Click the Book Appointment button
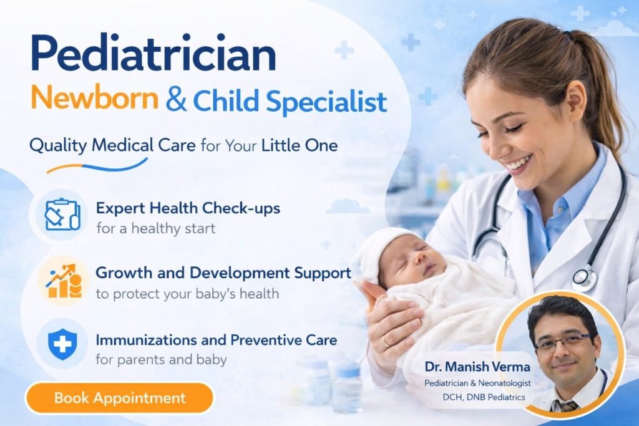coord(119,398)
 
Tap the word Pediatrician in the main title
coord(153,56)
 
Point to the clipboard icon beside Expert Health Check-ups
coord(62,214)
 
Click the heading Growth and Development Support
coord(223,273)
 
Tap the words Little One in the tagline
coord(300,147)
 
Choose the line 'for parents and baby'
coord(161,360)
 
